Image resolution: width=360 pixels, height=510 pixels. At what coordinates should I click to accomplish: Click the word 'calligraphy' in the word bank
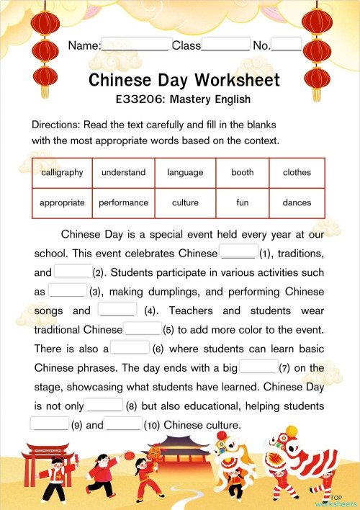coord(62,173)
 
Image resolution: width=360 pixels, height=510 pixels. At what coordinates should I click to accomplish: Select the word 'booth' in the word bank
coord(243,173)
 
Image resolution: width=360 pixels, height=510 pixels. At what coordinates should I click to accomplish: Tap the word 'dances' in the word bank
coord(297,203)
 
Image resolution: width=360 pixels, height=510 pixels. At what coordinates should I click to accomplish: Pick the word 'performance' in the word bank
coord(123,203)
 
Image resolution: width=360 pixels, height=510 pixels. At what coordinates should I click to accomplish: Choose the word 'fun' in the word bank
coord(243,203)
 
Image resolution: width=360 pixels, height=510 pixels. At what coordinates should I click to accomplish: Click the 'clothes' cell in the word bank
coord(297,173)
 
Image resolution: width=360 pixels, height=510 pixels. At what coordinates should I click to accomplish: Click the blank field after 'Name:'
coord(135,45)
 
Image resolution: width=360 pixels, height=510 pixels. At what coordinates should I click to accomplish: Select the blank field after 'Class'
coord(225,45)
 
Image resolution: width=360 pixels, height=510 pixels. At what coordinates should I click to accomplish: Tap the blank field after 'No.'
coord(287,45)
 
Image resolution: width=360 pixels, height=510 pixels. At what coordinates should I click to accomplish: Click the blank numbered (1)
coord(238,254)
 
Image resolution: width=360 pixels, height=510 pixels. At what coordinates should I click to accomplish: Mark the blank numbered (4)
coord(117,310)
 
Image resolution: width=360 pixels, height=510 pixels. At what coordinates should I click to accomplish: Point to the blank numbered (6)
coord(130,349)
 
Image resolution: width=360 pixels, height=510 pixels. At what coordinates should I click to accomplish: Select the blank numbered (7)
coord(258,367)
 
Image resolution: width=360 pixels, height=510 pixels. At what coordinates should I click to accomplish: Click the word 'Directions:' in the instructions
coord(55,125)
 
